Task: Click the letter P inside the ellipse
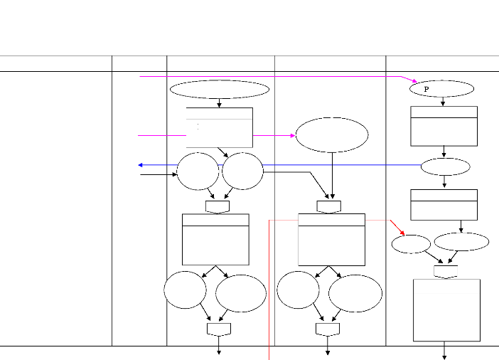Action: (x=426, y=90)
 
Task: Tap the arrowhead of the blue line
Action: (x=140, y=165)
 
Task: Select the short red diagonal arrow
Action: (x=397, y=227)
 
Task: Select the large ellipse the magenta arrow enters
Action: (x=332, y=135)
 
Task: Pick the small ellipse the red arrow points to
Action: (x=411, y=243)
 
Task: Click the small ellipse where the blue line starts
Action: (x=445, y=167)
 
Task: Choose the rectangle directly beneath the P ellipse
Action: (x=444, y=126)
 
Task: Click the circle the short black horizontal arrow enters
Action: (x=198, y=171)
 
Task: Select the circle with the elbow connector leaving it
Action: (x=242, y=171)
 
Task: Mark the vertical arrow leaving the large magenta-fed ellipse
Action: (x=332, y=175)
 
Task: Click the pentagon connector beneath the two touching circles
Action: (x=218, y=206)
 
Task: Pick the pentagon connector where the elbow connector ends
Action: (x=328, y=206)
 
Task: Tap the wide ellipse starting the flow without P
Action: (x=220, y=90)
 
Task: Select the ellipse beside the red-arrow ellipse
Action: (x=461, y=241)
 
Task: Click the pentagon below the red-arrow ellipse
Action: (x=445, y=271)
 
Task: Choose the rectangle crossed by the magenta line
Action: (x=219, y=127)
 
